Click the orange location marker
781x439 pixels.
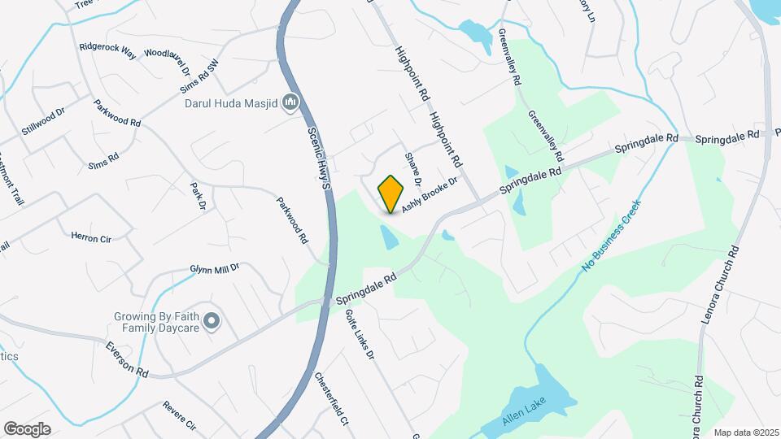tap(391, 194)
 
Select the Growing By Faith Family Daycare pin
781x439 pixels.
tap(212, 322)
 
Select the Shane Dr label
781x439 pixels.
tap(412, 167)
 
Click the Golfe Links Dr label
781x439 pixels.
tap(359, 333)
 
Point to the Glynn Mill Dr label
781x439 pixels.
tap(215, 267)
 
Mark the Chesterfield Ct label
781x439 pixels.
tap(333, 399)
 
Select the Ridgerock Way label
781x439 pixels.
tap(107, 48)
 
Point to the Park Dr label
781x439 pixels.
tap(197, 197)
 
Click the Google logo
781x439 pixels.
tap(27, 428)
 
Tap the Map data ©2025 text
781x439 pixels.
tap(747, 432)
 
